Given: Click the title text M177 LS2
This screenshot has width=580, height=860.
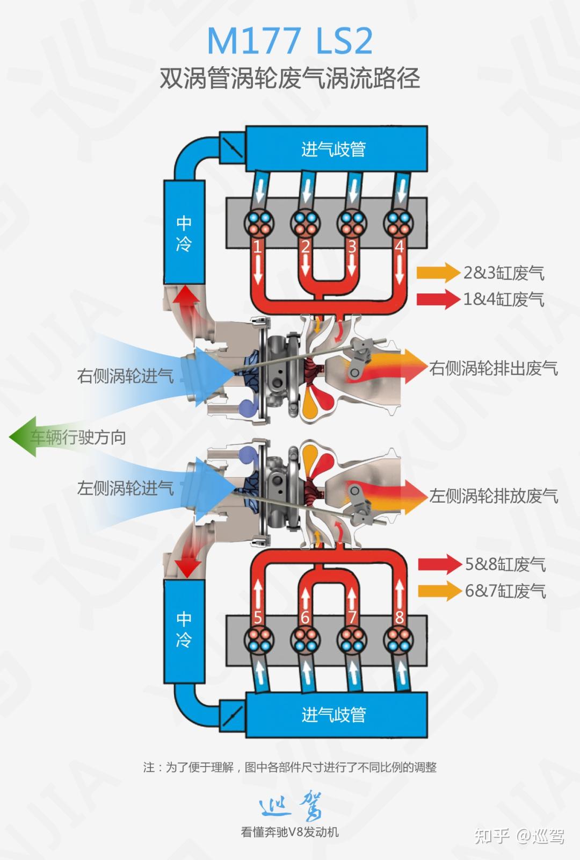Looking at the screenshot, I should (289, 41).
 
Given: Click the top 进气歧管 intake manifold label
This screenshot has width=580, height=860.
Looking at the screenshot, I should (334, 149).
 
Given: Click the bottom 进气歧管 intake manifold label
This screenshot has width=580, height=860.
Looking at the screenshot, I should (334, 714).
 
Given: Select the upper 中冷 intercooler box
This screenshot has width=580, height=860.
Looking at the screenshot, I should (184, 233).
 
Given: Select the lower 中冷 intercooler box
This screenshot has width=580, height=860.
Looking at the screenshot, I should (184, 628).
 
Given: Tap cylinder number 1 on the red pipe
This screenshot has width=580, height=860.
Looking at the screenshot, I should (257, 247).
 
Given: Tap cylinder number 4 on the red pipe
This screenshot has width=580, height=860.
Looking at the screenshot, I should (399, 247).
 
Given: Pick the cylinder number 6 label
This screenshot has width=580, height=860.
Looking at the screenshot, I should (305, 617).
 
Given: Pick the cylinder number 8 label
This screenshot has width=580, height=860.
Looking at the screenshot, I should (399, 617).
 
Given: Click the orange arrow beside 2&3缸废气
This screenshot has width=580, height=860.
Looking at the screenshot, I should (438, 273).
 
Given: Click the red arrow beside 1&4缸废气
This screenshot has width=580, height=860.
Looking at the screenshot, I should (438, 299).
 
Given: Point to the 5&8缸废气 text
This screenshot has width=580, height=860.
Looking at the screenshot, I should (505, 564).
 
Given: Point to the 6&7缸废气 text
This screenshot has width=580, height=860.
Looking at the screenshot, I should (505, 591).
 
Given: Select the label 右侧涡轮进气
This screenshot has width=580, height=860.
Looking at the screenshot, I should (125, 375).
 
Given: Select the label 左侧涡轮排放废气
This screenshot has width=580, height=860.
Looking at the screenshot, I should (493, 496).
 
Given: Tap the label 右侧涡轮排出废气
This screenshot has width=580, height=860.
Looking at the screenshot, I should (493, 368).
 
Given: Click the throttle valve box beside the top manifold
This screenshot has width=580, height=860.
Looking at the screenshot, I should (233, 145).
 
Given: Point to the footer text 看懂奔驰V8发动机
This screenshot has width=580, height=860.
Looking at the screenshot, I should (289, 832).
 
